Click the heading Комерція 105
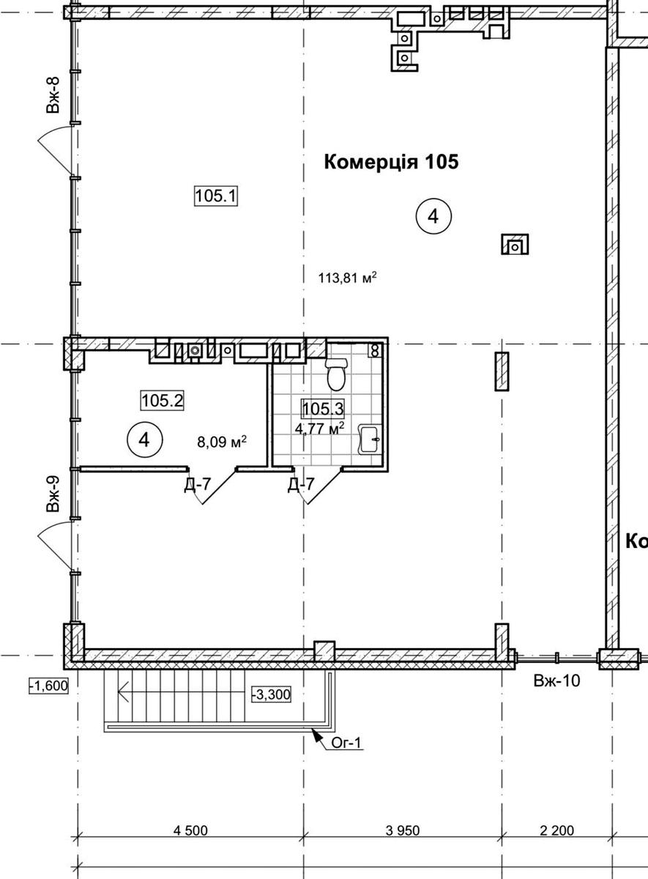[x=391, y=162]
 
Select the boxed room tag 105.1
[x=216, y=196]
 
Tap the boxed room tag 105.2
[x=163, y=401]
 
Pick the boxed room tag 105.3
[x=323, y=409]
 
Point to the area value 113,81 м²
[x=348, y=278]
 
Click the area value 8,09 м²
[x=222, y=442]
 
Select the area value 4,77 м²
[x=320, y=428]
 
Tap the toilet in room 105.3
[x=336, y=374]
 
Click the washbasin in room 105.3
[x=370, y=439]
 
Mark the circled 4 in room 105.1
[x=433, y=216]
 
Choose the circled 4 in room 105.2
[x=144, y=440]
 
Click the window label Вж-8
[x=53, y=94]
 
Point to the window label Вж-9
[x=53, y=494]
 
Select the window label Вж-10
[x=556, y=680]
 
